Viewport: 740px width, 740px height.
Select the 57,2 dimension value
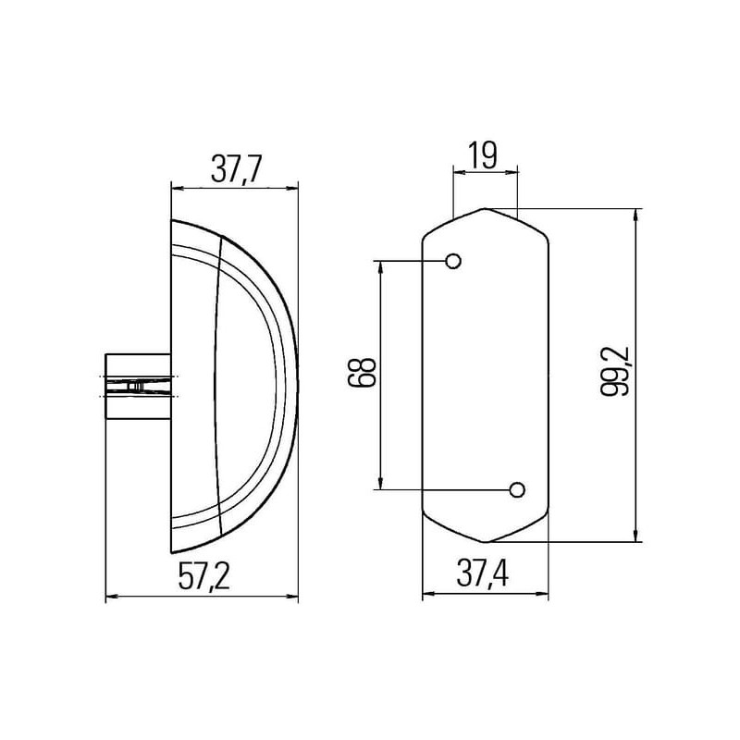tap(203, 575)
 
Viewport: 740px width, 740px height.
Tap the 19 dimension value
tap(483, 155)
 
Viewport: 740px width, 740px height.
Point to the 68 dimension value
tap(362, 373)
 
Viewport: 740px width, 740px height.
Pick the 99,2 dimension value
tap(615, 372)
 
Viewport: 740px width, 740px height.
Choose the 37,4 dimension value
tap(482, 573)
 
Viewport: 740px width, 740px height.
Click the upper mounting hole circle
tap(453, 261)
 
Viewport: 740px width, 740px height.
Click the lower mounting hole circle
tap(517, 490)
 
